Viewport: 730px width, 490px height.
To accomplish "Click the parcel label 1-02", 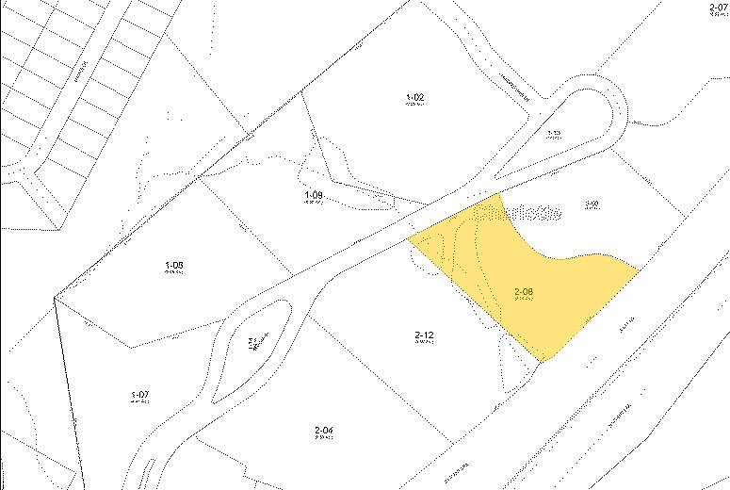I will [415, 97].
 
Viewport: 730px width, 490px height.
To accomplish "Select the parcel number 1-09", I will [314, 195].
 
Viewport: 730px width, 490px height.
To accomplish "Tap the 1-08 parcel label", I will [173, 266].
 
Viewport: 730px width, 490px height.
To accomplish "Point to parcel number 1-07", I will [139, 394].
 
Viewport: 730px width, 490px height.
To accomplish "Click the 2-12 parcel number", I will [423, 335].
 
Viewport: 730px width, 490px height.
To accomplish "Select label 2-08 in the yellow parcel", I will [524, 292].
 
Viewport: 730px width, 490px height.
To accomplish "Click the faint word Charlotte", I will [519, 213].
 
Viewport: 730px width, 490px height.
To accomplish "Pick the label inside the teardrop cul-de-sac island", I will [554, 135].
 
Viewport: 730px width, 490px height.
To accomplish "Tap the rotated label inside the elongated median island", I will [253, 342].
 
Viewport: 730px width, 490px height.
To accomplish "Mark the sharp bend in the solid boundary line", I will [55, 297].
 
